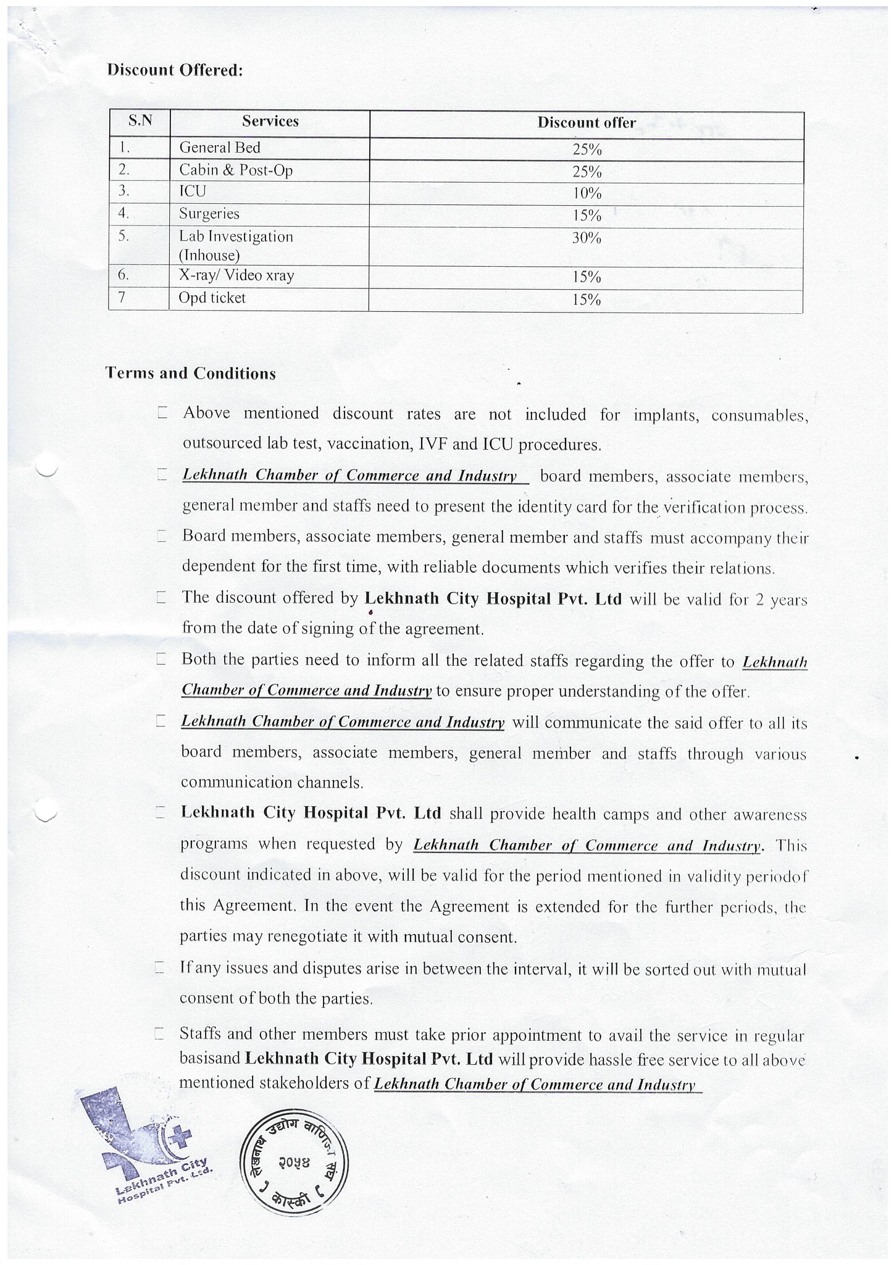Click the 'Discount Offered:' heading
(x=175, y=70)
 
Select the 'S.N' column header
(x=140, y=121)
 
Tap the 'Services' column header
(x=270, y=121)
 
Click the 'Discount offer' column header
(x=586, y=122)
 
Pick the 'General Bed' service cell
(x=220, y=148)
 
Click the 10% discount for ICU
(x=586, y=193)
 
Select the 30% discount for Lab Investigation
(x=586, y=238)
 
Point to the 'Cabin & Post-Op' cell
(x=236, y=170)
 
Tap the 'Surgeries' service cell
(x=209, y=214)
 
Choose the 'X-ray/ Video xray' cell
(x=236, y=275)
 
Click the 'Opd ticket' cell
(x=212, y=298)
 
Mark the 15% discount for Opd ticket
(x=586, y=300)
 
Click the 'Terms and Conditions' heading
(x=190, y=374)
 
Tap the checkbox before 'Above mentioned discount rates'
(x=162, y=413)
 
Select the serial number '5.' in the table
(x=124, y=237)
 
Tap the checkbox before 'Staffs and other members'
(x=159, y=1033)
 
